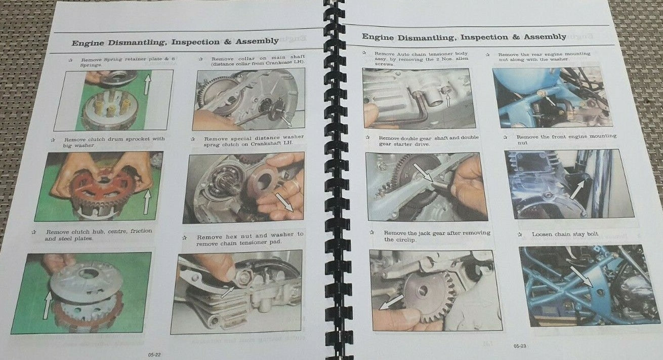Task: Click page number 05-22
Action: [x=154, y=355]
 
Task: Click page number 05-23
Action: [x=520, y=346]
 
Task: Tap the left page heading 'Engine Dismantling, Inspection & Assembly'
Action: [x=175, y=42]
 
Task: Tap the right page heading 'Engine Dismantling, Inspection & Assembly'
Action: [x=464, y=37]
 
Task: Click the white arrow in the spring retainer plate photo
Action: [x=147, y=84]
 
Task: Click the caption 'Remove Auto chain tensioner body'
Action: [x=421, y=54]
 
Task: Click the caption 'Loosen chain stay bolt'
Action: [x=565, y=234]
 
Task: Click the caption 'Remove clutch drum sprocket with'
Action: [x=114, y=139]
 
